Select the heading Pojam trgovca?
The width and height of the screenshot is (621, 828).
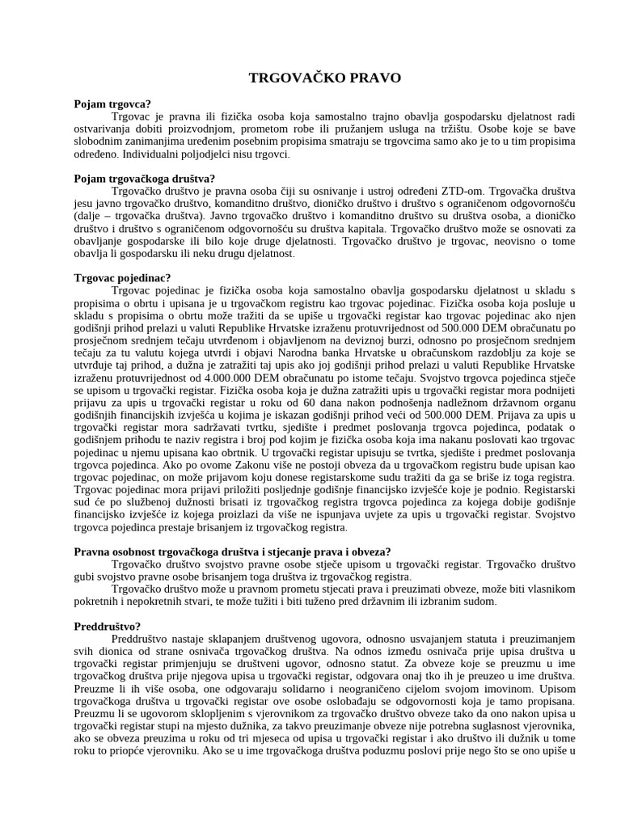point(112,103)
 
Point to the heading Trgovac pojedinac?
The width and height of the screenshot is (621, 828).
point(122,278)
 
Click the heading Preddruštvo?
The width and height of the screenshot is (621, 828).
point(108,626)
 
